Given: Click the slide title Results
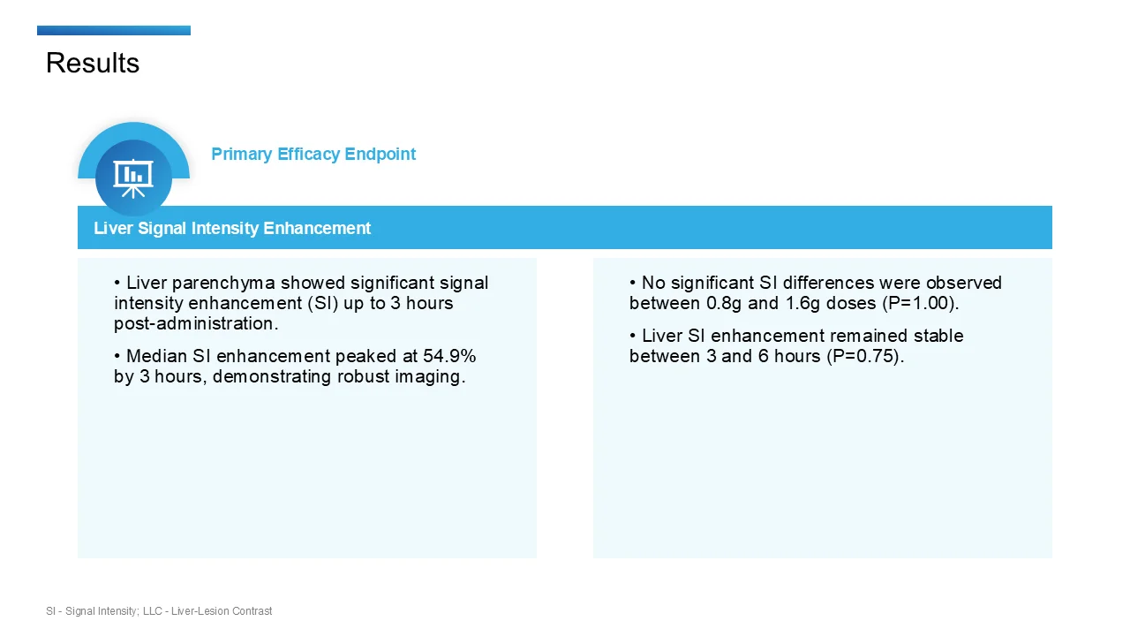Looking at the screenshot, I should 93,63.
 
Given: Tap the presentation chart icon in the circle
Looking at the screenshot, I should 133,177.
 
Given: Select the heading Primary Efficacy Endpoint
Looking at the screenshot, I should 313,154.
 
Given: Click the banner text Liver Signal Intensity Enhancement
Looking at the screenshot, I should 232,228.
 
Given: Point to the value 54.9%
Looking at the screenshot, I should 450,356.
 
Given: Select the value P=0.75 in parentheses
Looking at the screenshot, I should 870,356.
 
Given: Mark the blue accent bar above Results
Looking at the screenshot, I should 114,31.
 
